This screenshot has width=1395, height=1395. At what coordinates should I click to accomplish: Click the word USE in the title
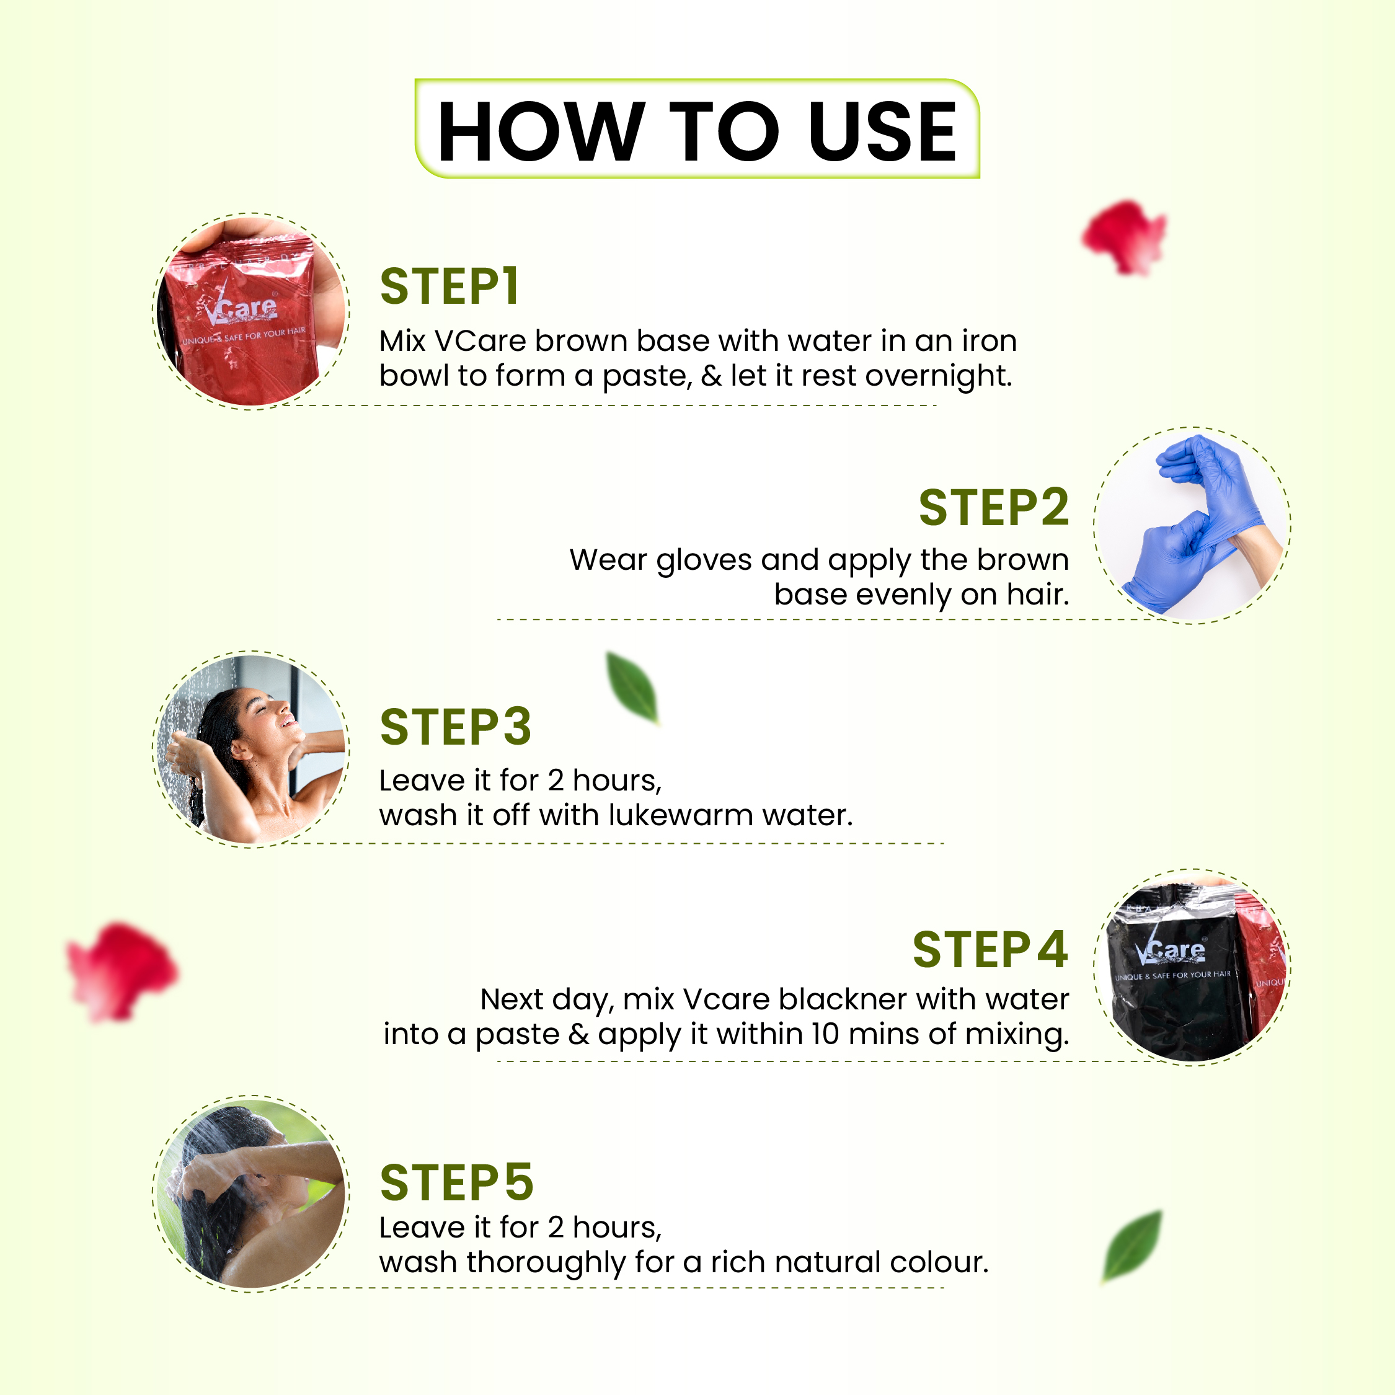882,131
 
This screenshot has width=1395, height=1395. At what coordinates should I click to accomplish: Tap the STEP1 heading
449,286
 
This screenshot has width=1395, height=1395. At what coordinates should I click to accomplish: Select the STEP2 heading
993,508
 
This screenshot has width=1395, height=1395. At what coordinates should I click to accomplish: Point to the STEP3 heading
456,727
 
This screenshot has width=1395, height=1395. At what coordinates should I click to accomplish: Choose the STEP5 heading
456,1183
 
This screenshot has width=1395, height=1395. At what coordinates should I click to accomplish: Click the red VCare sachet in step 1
242,317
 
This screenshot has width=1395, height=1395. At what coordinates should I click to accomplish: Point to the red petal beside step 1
1124,237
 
